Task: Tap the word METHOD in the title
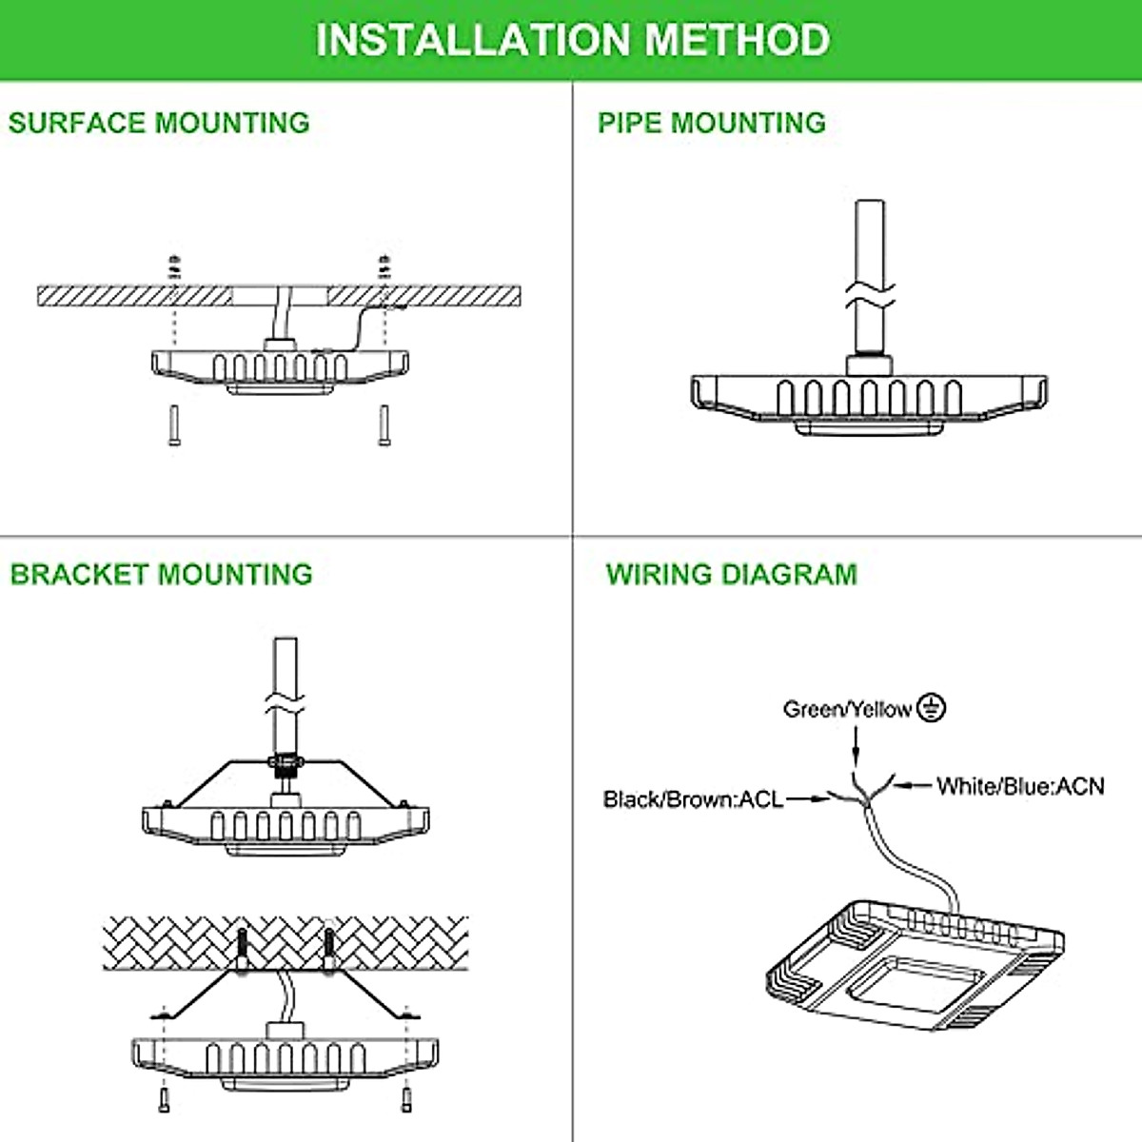(x=738, y=40)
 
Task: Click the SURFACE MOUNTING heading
(x=159, y=123)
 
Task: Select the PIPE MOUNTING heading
(x=712, y=123)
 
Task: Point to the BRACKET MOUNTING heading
(x=161, y=574)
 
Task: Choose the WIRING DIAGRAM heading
(x=732, y=574)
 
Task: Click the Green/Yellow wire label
(x=847, y=709)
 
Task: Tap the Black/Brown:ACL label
(x=693, y=799)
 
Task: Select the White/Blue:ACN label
(x=1020, y=786)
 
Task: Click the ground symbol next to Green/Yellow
(x=932, y=708)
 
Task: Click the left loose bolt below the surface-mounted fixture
(x=173, y=425)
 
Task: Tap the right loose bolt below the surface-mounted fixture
(x=384, y=425)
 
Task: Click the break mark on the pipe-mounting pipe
(x=870, y=294)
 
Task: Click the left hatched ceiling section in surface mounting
(x=133, y=296)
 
